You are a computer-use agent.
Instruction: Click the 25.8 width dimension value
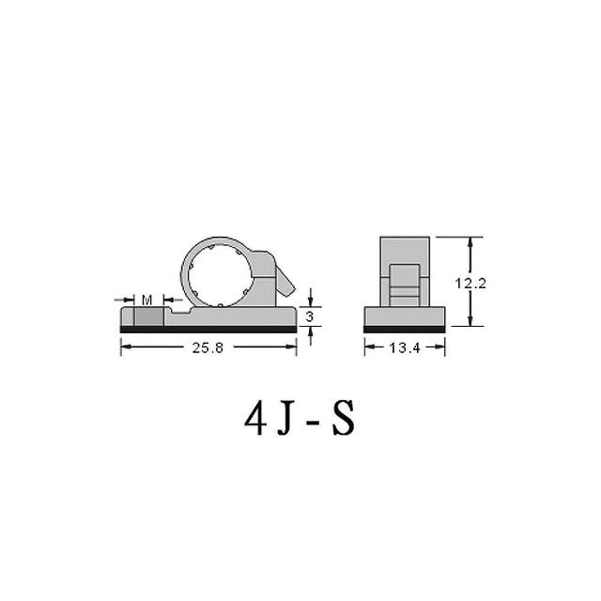click(x=208, y=347)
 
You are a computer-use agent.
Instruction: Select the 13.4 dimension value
click(x=405, y=347)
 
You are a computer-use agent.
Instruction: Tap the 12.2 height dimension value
click(x=470, y=284)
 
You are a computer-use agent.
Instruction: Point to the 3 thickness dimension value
click(x=310, y=316)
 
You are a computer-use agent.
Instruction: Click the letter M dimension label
click(x=146, y=300)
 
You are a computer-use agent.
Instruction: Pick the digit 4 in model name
click(x=255, y=419)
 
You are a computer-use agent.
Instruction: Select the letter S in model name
click(x=344, y=419)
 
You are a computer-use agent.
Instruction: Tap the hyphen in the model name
click(x=314, y=424)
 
